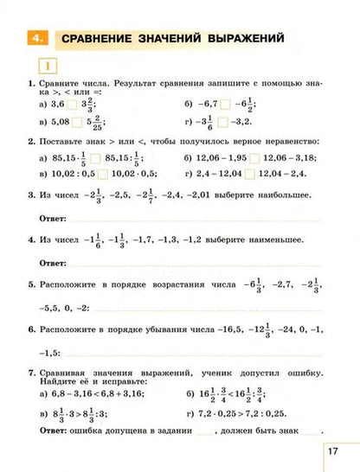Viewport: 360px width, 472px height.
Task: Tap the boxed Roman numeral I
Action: click(42, 67)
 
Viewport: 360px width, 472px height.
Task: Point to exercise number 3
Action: click(31, 195)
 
